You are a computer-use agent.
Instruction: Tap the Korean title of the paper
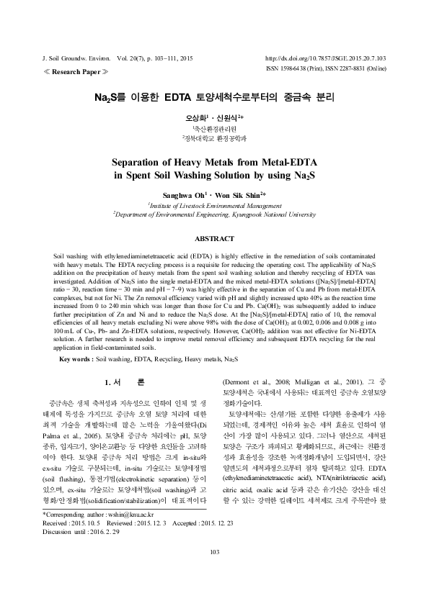[214, 96]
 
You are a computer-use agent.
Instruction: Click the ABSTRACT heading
[214, 238]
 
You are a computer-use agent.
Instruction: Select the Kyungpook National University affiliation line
[214, 214]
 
